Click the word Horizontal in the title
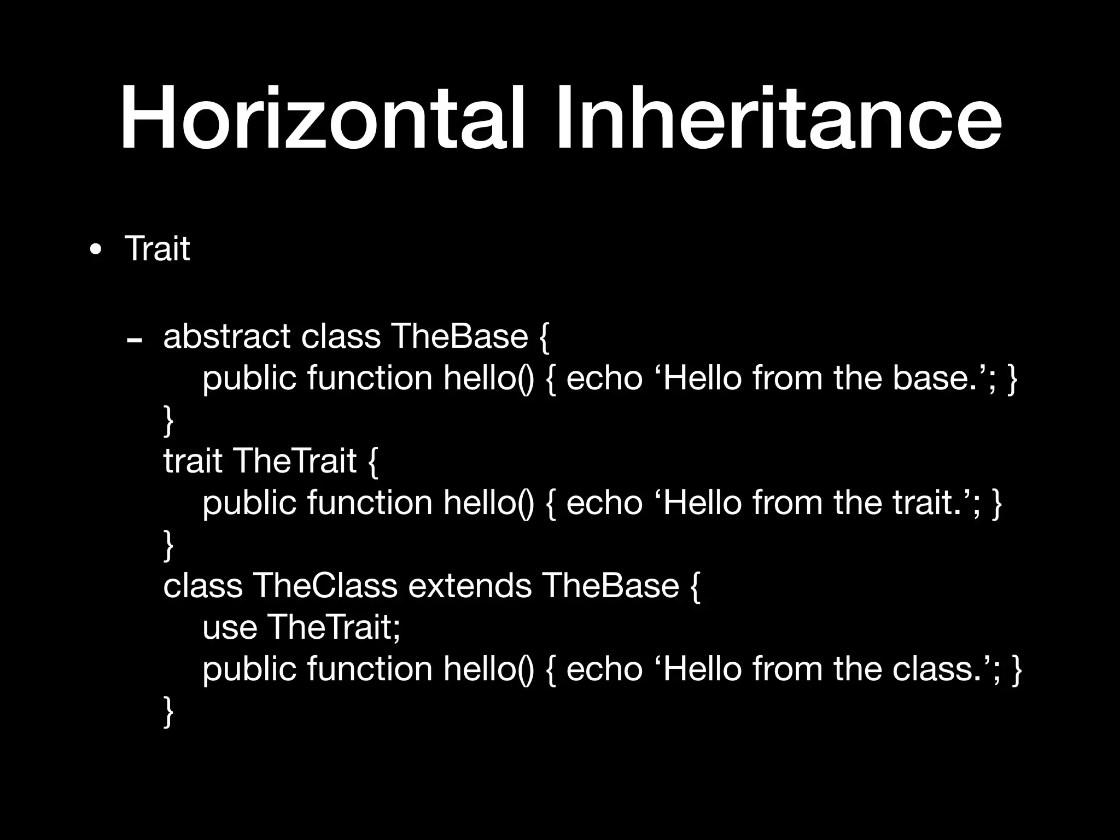tap(323, 118)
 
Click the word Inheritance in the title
tap(779, 118)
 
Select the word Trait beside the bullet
tap(157, 249)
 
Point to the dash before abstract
tap(135, 341)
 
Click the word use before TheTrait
tap(230, 627)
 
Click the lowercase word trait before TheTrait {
tap(192, 460)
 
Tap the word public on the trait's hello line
tap(249, 503)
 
